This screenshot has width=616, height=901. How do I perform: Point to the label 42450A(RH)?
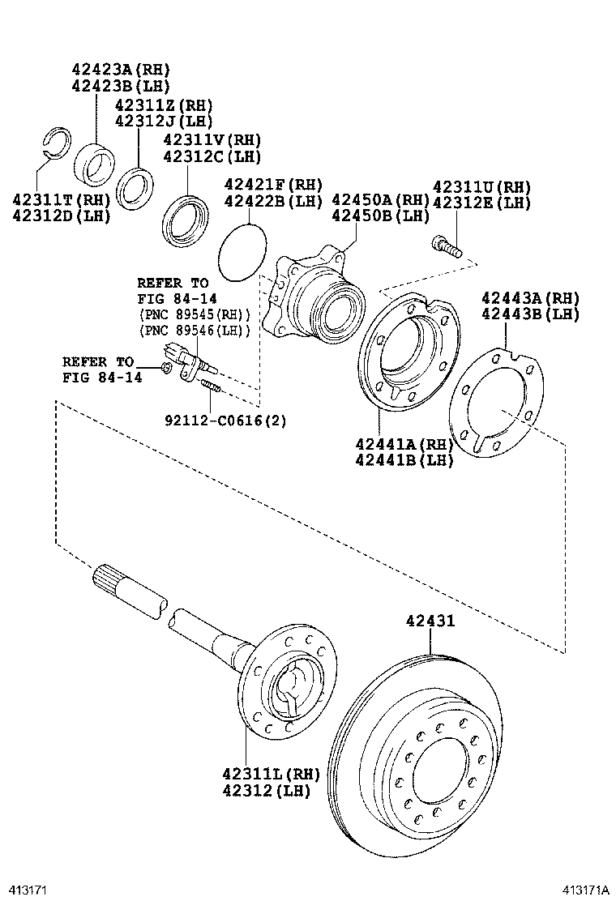pos(380,200)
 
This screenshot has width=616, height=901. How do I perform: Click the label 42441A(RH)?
pos(404,444)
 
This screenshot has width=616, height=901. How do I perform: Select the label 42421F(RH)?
pos(273,185)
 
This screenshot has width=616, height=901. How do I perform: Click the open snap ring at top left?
pos(58,139)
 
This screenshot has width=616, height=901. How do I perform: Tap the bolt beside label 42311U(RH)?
pos(447,246)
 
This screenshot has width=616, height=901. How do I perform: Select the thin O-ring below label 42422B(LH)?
pos(242,251)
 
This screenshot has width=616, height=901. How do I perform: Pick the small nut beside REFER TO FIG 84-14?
pos(165,369)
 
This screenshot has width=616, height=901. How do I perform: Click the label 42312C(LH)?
pos(212,156)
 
